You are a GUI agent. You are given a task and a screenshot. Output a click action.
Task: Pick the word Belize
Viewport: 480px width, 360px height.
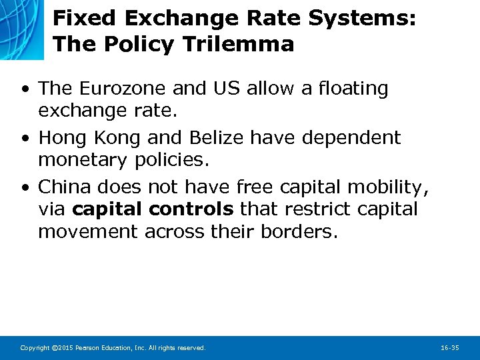pos(213,137)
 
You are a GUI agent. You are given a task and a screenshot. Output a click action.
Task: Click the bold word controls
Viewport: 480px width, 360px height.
pos(191,209)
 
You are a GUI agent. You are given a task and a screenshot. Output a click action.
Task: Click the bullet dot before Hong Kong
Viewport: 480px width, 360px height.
pos(25,138)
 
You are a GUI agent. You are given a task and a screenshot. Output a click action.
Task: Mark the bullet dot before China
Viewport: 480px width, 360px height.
pos(25,188)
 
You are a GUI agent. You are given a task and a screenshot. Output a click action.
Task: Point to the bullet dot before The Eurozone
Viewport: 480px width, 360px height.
pos(25,89)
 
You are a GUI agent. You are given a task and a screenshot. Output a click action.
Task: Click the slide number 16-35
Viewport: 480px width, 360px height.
pos(450,348)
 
